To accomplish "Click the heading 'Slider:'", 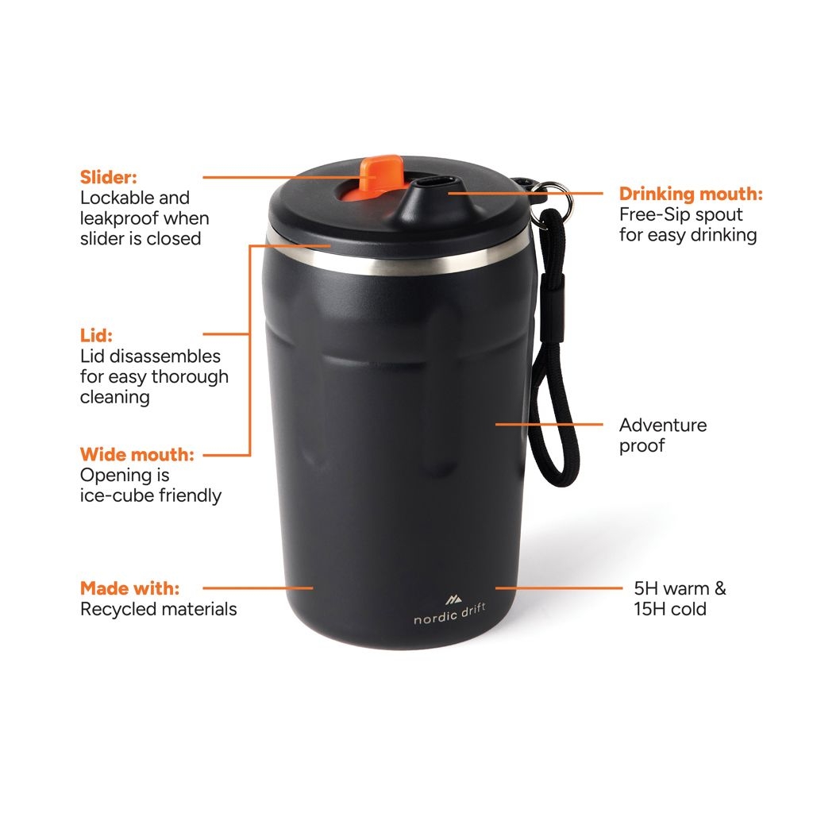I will point(109,177).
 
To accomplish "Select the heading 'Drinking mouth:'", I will point(691,194).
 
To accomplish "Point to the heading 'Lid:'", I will point(97,336).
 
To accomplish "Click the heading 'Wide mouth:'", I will point(137,455).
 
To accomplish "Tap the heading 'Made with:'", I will point(129,589).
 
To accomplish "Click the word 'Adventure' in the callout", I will point(663,425).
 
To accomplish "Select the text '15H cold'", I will point(669,610).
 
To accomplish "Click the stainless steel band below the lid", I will point(397,260).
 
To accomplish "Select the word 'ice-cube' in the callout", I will point(116,496).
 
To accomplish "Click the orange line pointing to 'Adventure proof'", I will point(548,424).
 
